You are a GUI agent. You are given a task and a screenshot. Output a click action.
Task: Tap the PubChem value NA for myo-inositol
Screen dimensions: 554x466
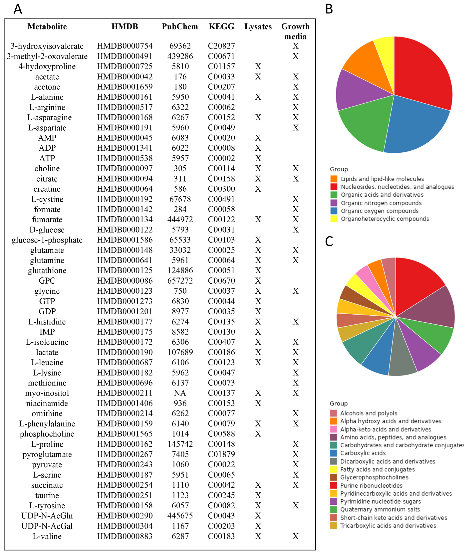pyautogui.click(x=180, y=393)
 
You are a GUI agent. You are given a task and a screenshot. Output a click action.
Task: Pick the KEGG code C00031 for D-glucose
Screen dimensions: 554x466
pyautogui.click(x=221, y=230)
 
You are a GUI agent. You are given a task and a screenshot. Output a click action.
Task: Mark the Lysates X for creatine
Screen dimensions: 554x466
pyautogui.click(x=258, y=189)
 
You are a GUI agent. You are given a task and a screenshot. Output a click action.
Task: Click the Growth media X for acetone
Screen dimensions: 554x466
pyautogui.click(x=295, y=87)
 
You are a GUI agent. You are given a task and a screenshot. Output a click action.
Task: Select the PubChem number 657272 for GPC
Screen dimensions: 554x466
pyautogui.click(x=180, y=281)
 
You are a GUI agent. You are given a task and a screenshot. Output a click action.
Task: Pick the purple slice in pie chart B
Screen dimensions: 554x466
pyautogui.click(x=354, y=91)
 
